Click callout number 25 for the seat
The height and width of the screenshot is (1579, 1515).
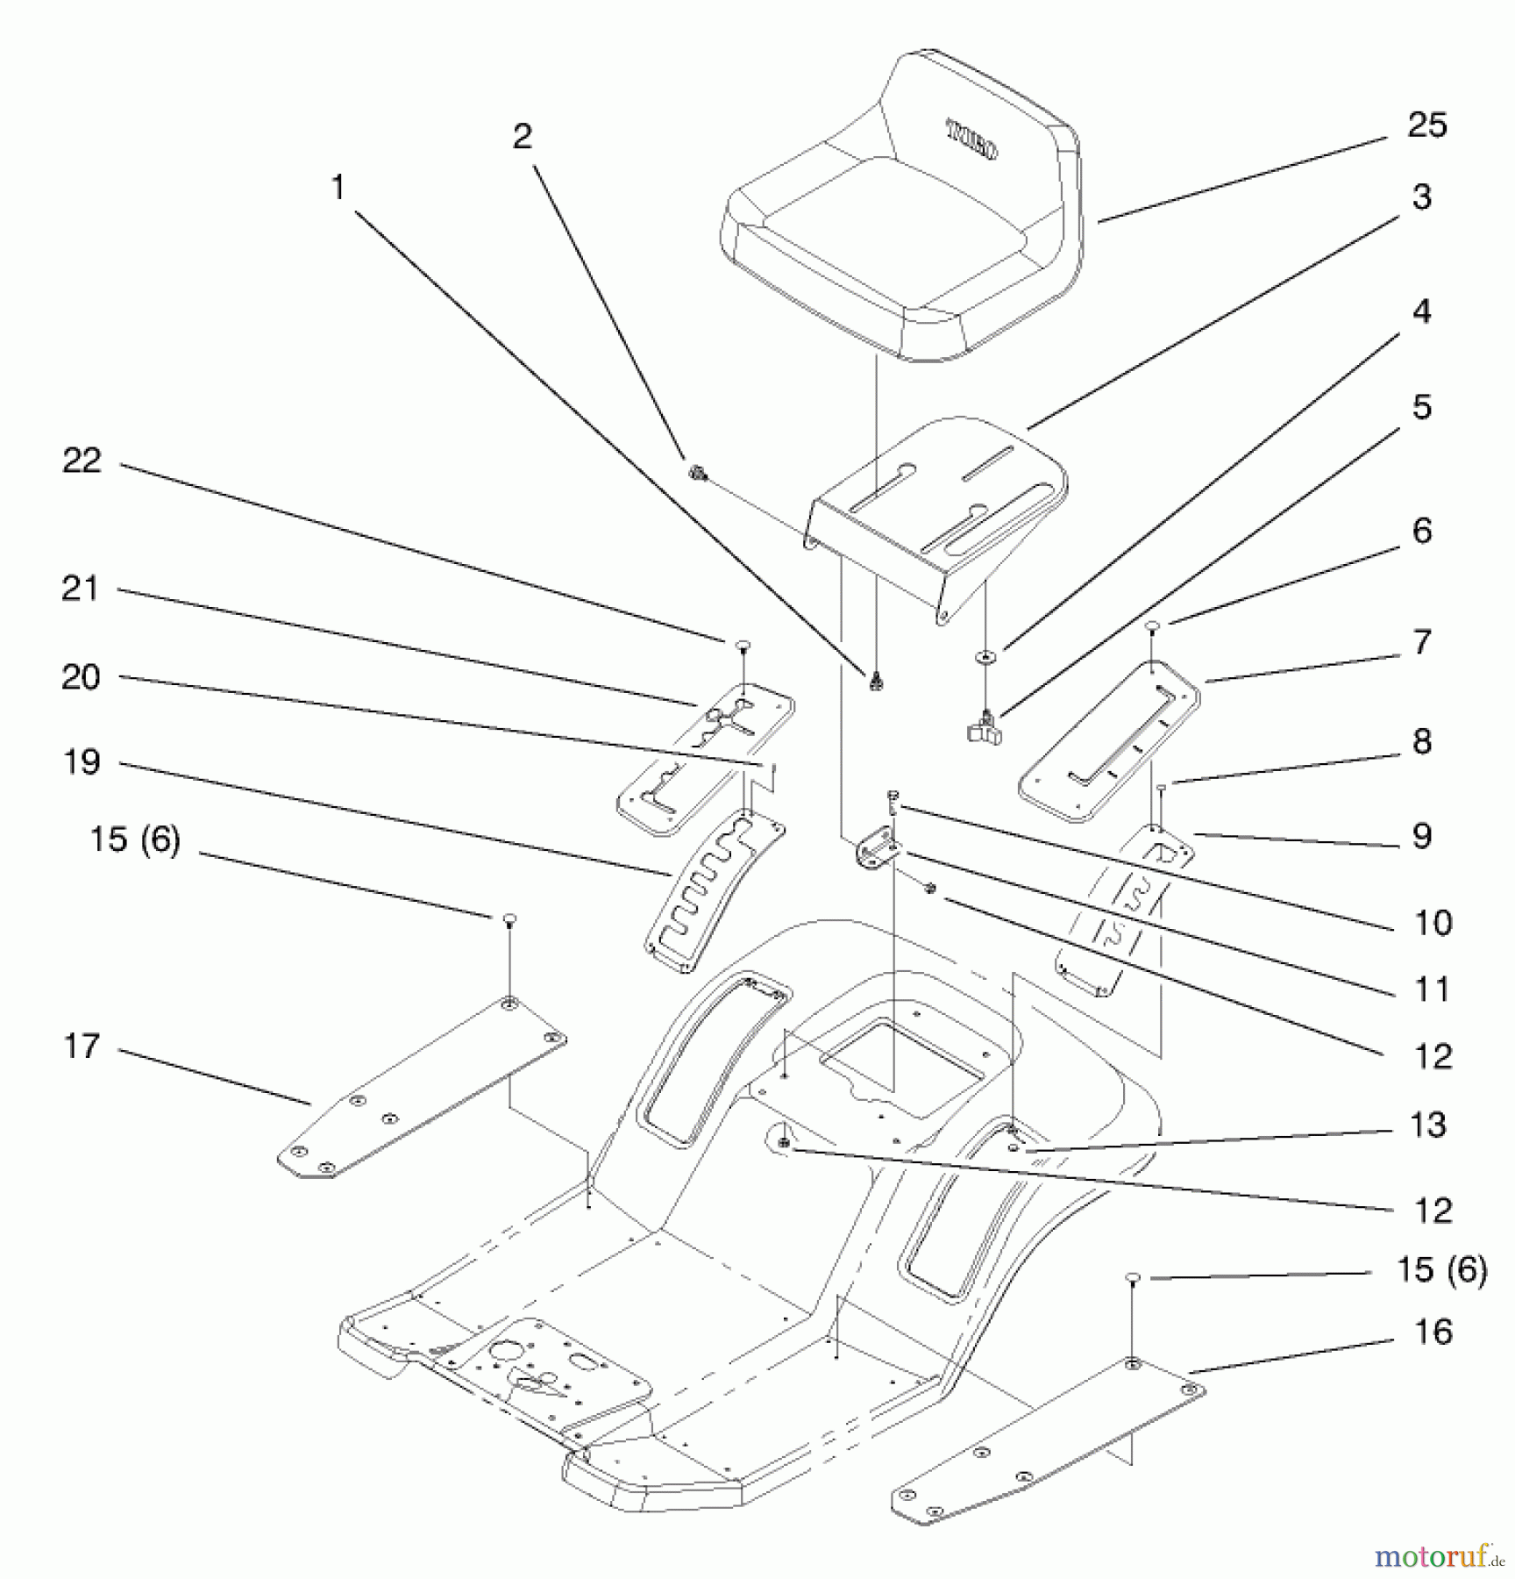(1426, 125)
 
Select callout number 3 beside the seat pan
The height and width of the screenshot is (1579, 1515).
(1421, 197)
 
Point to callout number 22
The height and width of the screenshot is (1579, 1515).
(82, 461)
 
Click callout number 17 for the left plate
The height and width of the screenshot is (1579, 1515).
(82, 1046)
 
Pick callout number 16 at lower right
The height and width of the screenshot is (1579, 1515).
(1433, 1332)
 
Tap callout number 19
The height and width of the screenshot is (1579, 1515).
(82, 762)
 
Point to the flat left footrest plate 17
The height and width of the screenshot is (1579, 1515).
(421, 1088)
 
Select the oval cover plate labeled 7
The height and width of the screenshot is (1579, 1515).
(1109, 741)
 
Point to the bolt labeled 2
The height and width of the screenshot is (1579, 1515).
(698, 474)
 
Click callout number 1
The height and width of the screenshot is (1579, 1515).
(338, 188)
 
